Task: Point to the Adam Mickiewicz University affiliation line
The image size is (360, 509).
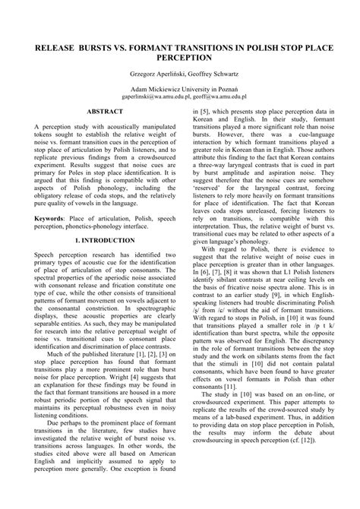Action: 179,90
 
